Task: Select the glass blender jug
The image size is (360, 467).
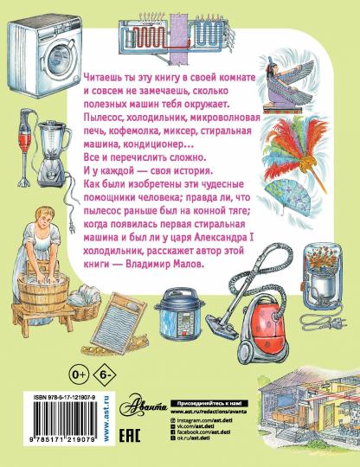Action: click(54, 159)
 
